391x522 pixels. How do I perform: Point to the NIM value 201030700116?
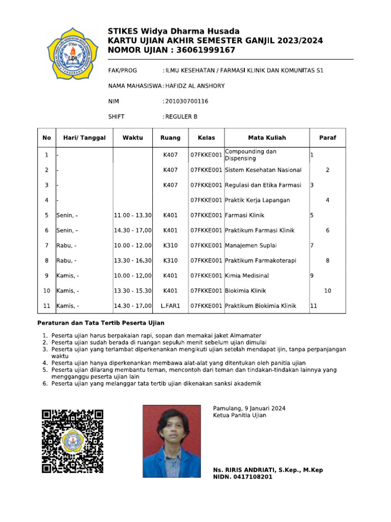tap(186, 101)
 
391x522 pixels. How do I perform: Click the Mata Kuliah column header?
tap(267, 138)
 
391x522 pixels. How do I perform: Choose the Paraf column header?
tap(327, 138)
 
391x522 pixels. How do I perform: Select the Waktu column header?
tap(132, 138)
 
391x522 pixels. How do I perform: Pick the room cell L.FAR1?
tap(171, 306)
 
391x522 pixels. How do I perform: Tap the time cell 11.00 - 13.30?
tap(132, 216)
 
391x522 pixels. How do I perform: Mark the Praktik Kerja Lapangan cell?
tap(258, 200)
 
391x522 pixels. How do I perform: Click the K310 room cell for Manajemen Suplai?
tap(171, 246)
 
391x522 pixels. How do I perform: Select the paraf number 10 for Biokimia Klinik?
tap(327, 291)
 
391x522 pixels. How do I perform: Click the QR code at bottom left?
tap(73, 441)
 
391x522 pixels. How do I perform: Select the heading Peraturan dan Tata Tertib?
tap(101, 323)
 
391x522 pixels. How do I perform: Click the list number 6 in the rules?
tap(45, 383)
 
